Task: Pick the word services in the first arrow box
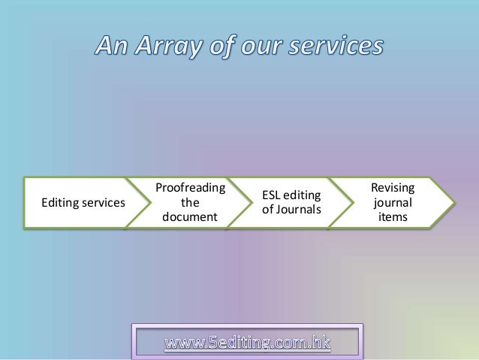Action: (103, 202)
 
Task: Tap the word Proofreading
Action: (190, 188)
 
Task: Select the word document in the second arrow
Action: (190, 217)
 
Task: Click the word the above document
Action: (190, 202)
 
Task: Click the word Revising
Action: (393, 188)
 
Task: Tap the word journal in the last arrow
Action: (393, 202)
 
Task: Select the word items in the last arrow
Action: (393, 216)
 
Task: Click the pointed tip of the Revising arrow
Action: (453, 202)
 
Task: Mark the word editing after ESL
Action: (304, 195)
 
